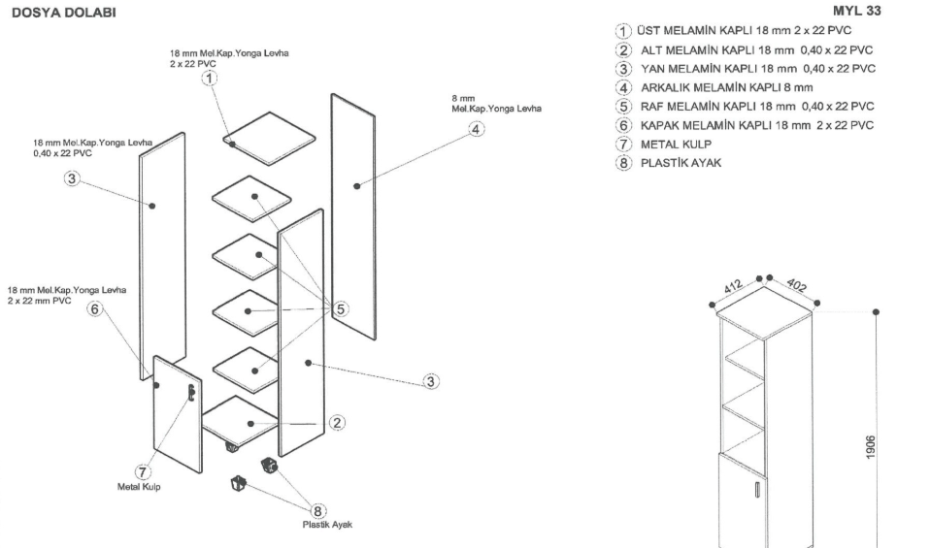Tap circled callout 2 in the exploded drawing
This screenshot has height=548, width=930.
click(336, 422)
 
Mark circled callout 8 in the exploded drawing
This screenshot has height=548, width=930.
click(316, 511)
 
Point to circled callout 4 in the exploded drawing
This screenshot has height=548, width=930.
click(477, 132)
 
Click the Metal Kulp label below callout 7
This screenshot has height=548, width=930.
click(138, 487)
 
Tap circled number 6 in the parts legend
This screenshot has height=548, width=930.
click(624, 125)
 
